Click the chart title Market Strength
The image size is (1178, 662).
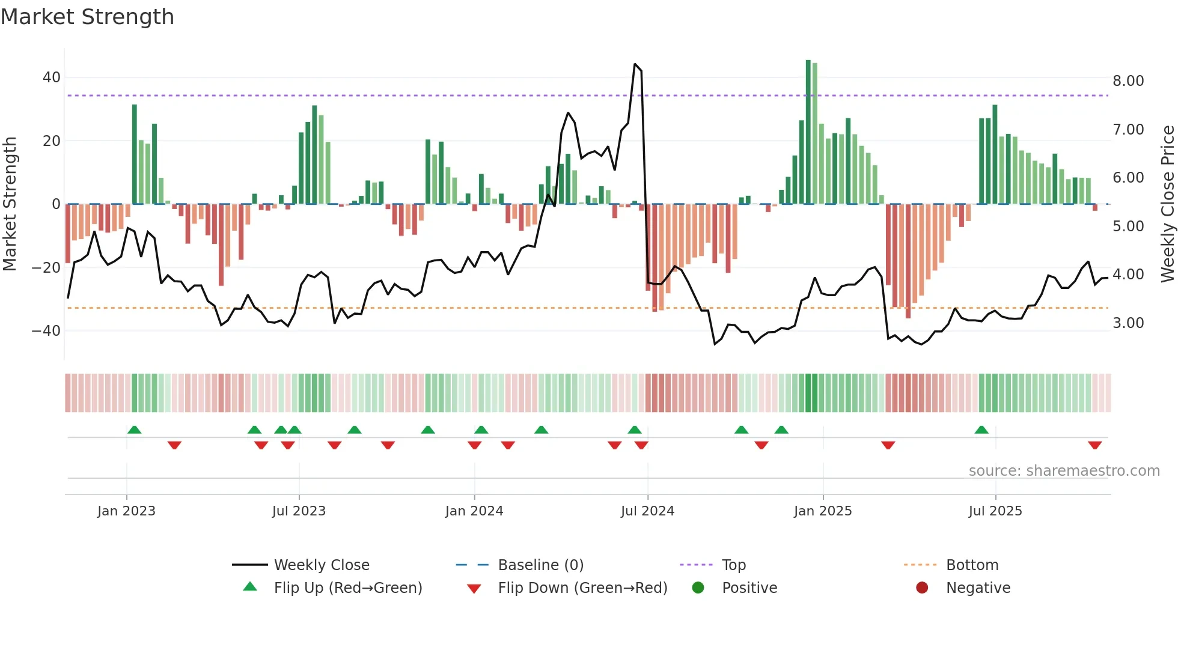click(x=87, y=17)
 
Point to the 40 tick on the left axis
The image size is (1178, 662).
click(x=51, y=77)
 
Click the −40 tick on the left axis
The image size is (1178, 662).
click(x=46, y=331)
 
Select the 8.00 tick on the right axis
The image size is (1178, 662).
click(x=1128, y=81)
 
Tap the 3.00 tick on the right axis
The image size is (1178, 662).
click(x=1128, y=323)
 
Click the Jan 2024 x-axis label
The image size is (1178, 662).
click(x=474, y=511)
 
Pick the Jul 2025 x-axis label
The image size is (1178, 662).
click(x=995, y=511)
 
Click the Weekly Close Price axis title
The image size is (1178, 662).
click(x=1167, y=204)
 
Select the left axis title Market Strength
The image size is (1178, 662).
click(x=10, y=204)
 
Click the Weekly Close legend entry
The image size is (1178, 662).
click(x=321, y=565)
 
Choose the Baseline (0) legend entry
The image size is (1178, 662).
click(x=540, y=565)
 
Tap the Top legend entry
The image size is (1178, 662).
click(x=733, y=565)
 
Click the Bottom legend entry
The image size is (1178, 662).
click(x=972, y=565)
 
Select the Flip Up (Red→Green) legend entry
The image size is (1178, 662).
click(x=347, y=588)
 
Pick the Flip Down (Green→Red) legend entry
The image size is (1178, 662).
click(x=582, y=588)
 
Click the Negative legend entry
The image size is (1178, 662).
click(x=978, y=588)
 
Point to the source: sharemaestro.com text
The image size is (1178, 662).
click(x=1064, y=471)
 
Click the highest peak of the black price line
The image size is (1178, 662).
click(x=635, y=64)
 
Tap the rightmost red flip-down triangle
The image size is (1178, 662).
click(x=1094, y=445)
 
